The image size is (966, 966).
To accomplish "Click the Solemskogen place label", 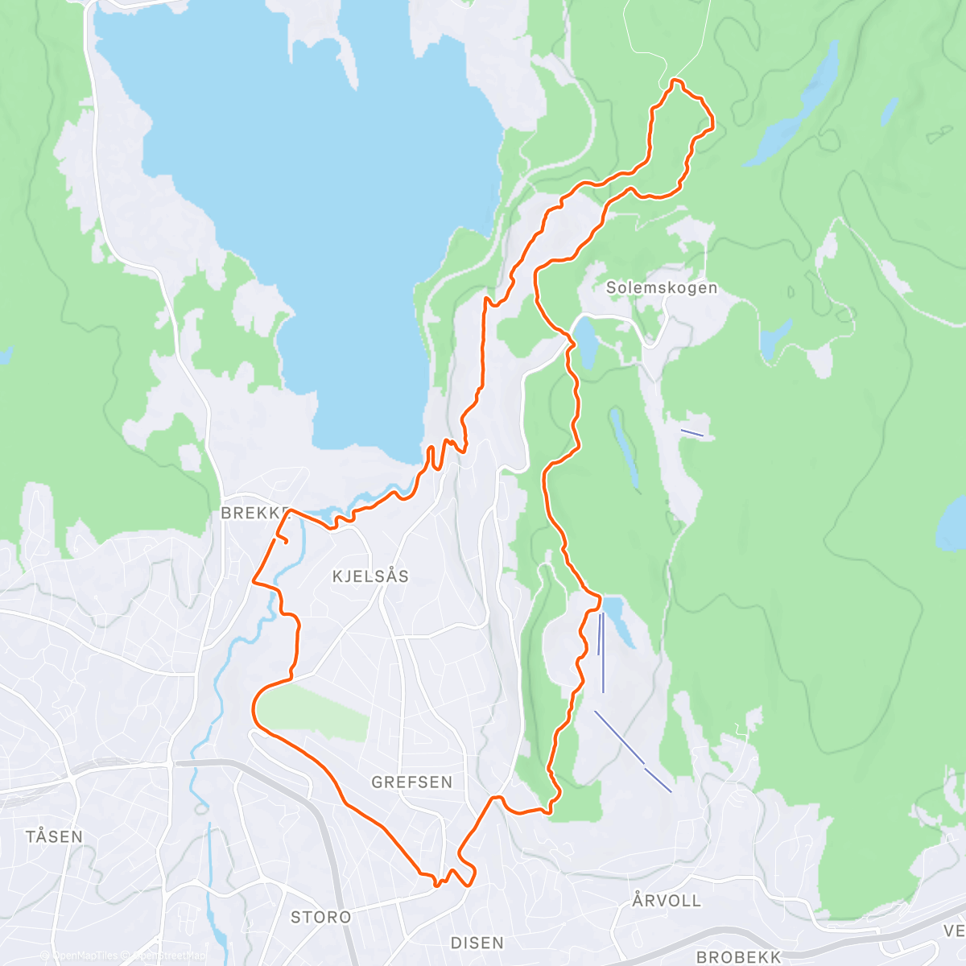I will tap(661, 288).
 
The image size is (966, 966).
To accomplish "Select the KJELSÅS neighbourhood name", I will tap(370, 576).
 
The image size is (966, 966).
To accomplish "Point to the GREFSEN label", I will tap(411, 782).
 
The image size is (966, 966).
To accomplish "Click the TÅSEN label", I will tap(54, 836).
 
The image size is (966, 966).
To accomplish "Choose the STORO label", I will tap(320, 917).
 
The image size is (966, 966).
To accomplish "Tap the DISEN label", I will tap(477, 943).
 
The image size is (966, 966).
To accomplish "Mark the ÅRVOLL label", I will tap(667, 901).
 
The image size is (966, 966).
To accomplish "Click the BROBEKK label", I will tap(738, 957).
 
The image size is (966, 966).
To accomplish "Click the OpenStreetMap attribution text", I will tap(165, 956).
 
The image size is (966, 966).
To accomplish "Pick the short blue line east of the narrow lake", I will tap(691, 433).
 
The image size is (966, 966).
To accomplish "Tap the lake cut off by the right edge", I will tap(952, 523).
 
